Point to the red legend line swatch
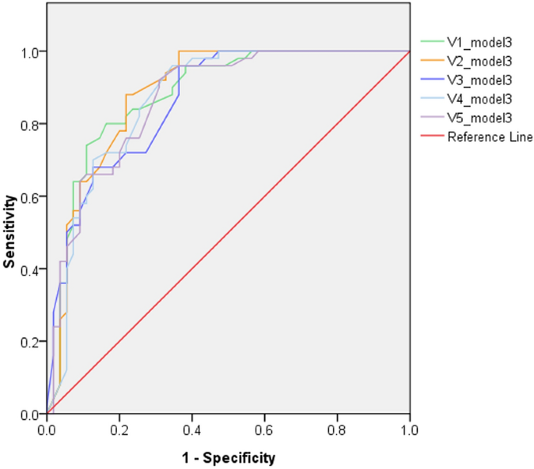[431, 137]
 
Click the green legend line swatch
[431, 41]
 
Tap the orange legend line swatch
[431, 60]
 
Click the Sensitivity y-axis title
[10, 232]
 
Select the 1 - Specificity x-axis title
[228, 456]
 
